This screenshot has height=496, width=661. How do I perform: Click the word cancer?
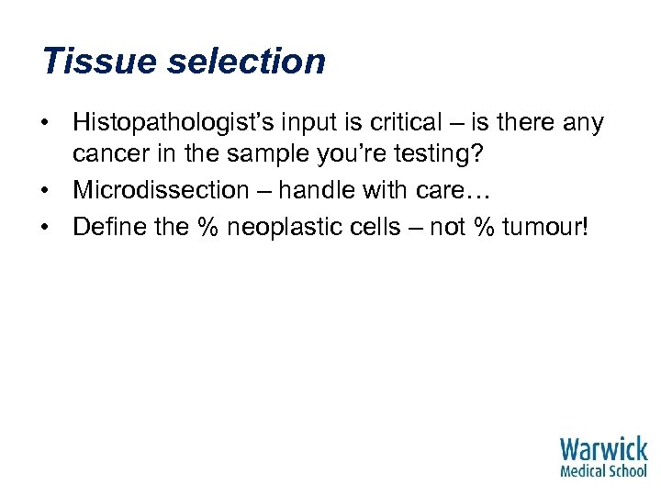[113, 156]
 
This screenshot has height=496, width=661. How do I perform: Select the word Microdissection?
[161, 190]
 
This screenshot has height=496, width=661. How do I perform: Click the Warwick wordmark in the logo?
[603, 449]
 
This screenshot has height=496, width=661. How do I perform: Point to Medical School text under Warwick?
[603, 470]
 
